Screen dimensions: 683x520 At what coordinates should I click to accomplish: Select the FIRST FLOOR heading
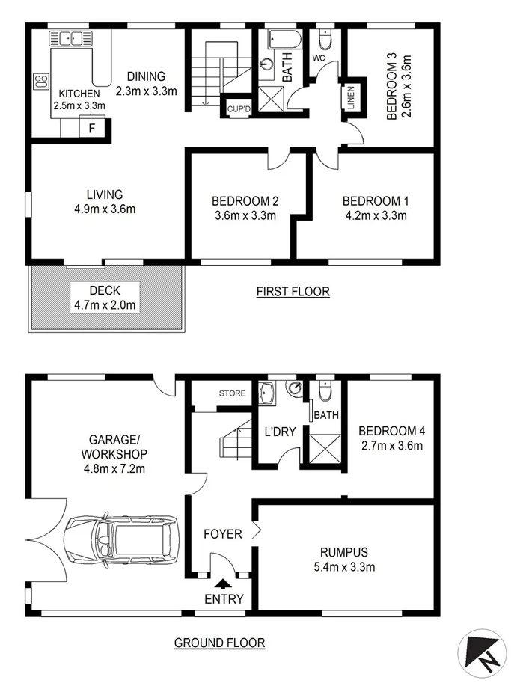(293, 292)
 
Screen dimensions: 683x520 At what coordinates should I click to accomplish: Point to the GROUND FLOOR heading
(219, 642)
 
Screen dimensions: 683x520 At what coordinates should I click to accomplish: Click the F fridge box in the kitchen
(92, 128)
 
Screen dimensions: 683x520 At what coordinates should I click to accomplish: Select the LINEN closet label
(350, 97)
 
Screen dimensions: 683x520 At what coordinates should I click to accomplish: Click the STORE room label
(232, 393)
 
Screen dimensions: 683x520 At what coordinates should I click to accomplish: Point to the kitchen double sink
(69, 38)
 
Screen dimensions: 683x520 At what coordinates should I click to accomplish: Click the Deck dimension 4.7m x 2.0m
(105, 304)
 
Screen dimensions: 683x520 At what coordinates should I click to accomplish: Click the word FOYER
(223, 534)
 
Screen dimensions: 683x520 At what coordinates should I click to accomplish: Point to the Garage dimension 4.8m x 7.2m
(115, 469)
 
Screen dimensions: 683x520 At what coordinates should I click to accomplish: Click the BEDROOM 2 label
(245, 201)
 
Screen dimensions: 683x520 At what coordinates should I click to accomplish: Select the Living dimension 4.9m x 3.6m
(104, 209)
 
